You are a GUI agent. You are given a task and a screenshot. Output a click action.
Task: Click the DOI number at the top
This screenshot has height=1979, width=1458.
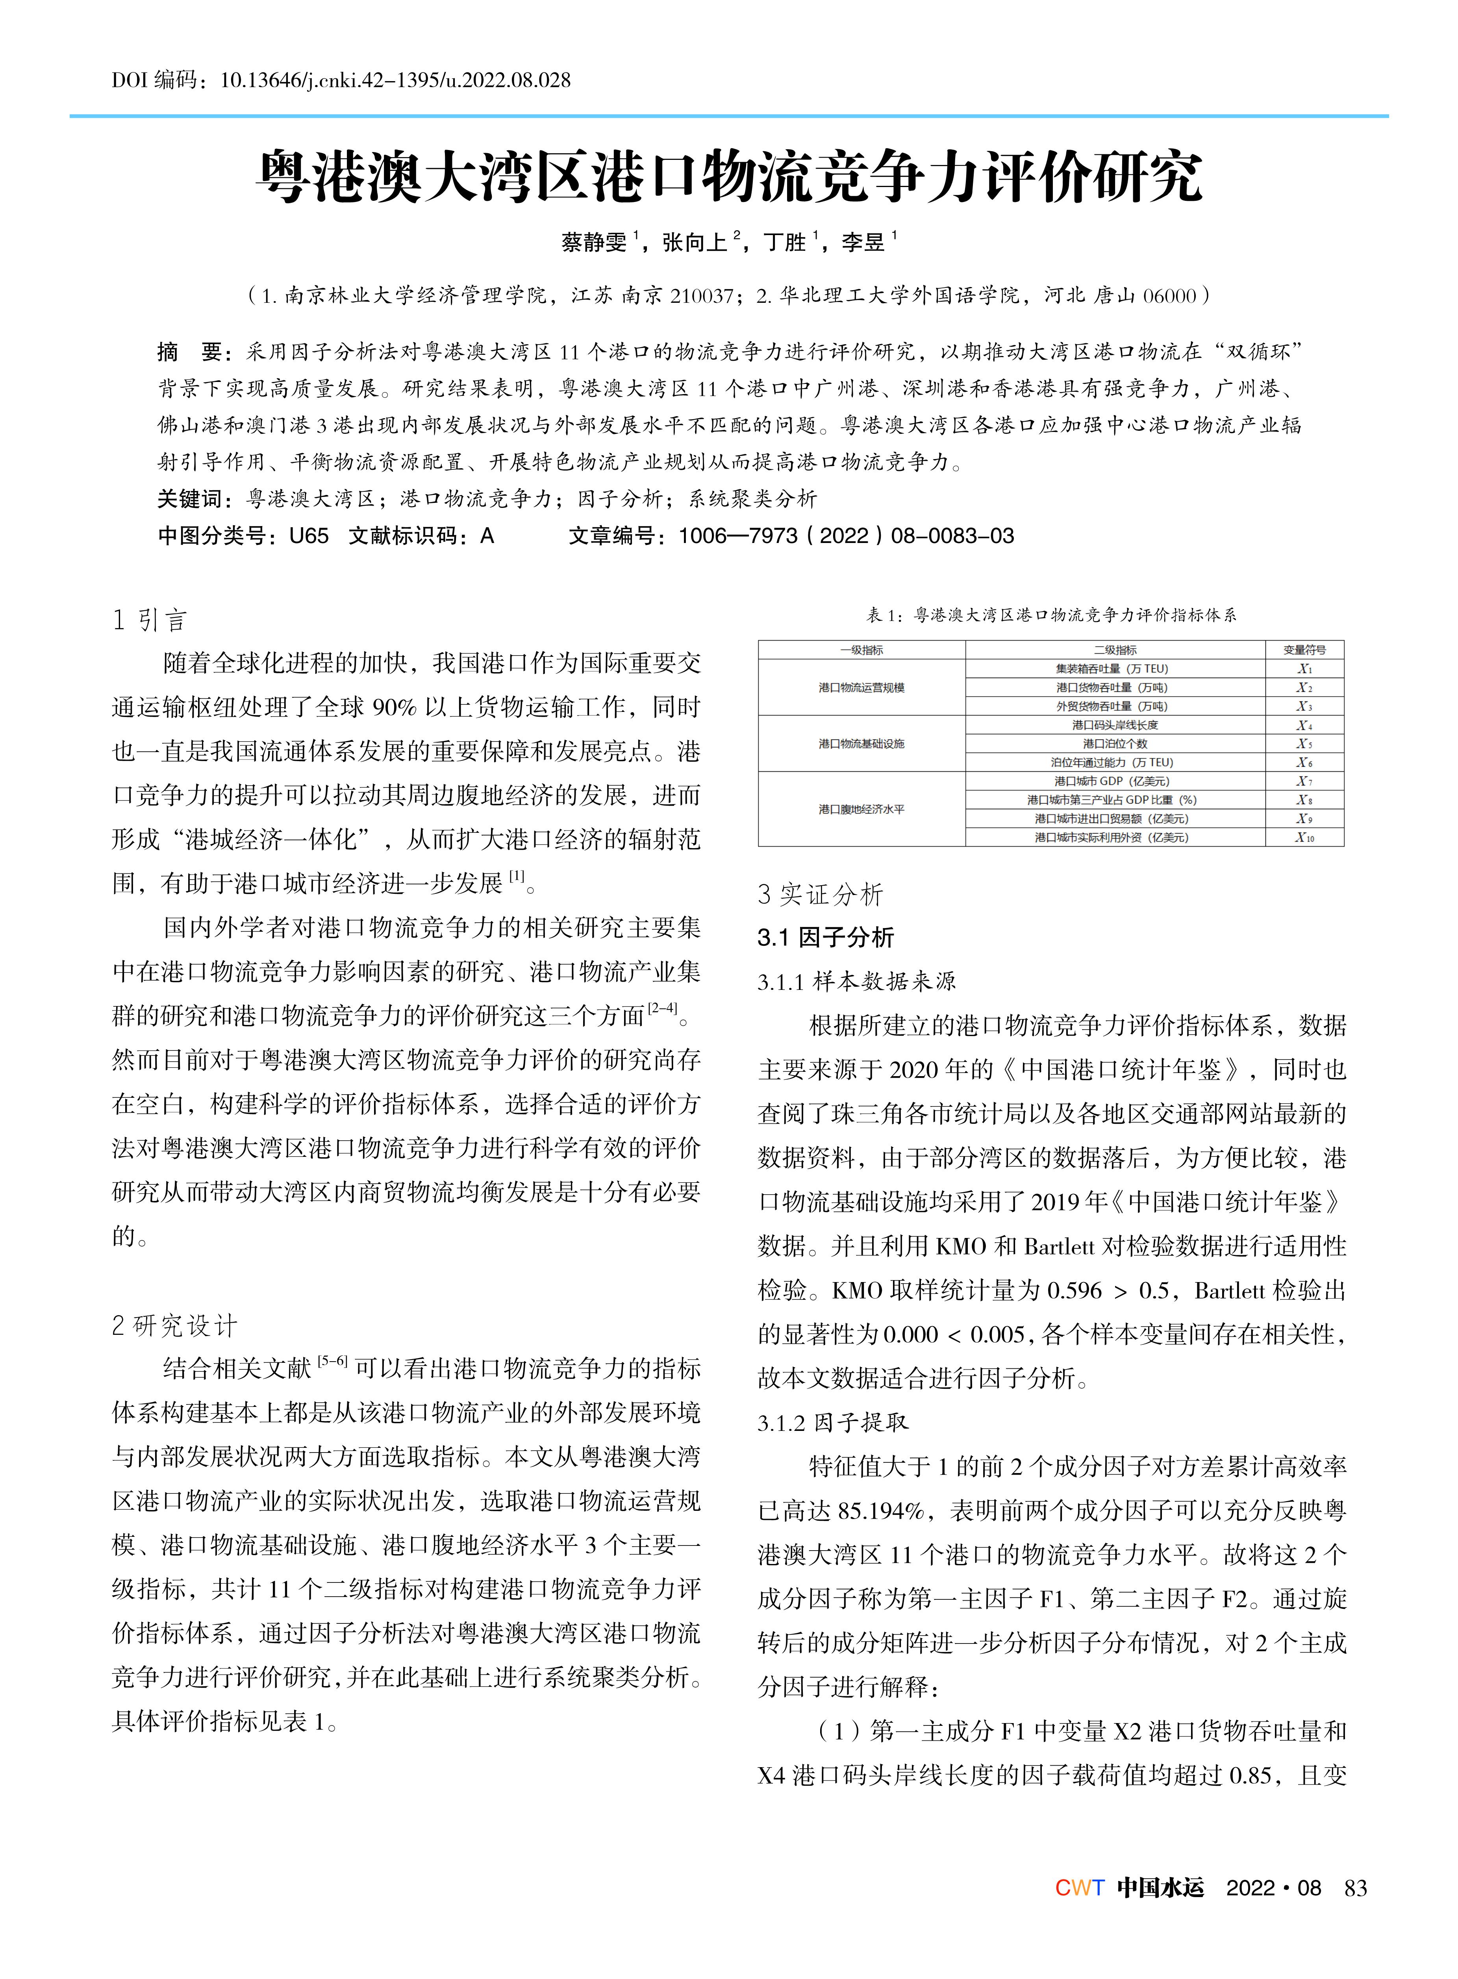[395, 80]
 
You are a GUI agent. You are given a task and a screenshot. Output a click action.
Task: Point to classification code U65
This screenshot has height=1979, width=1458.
[309, 536]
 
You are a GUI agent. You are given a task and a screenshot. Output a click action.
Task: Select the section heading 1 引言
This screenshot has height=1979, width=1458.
[150, 621]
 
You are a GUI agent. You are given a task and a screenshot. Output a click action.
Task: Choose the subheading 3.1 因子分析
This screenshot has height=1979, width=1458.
[825, 938]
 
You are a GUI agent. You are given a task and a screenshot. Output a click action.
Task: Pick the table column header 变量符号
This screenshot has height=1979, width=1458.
[1304, 650]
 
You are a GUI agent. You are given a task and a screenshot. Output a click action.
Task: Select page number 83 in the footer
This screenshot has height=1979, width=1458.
[1355, 1888]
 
